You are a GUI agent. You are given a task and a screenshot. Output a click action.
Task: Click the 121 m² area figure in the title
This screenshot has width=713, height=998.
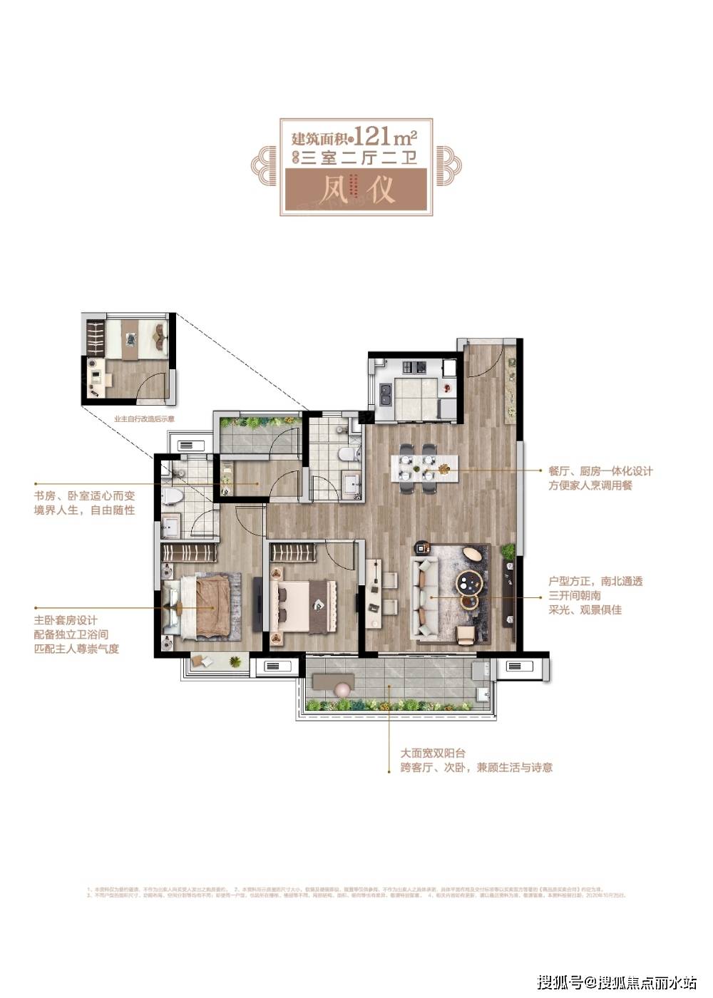pos(385,135)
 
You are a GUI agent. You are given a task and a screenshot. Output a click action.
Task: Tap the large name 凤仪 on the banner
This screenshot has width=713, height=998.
pos(356,190)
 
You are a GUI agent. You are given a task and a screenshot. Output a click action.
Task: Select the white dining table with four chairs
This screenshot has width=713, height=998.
pos(417,468)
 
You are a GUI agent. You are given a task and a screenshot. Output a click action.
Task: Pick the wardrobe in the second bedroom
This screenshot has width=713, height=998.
pos(293,552)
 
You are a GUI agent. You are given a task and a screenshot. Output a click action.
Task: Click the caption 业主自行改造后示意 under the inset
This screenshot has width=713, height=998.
pos(144,419)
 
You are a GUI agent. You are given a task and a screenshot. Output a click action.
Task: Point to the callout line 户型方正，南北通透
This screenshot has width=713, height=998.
pos(595,581)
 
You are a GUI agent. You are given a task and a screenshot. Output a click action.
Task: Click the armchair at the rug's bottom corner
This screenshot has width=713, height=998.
pos(466,634)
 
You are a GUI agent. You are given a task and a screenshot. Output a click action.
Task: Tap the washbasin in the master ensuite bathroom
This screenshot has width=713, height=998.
pos(170,528)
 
